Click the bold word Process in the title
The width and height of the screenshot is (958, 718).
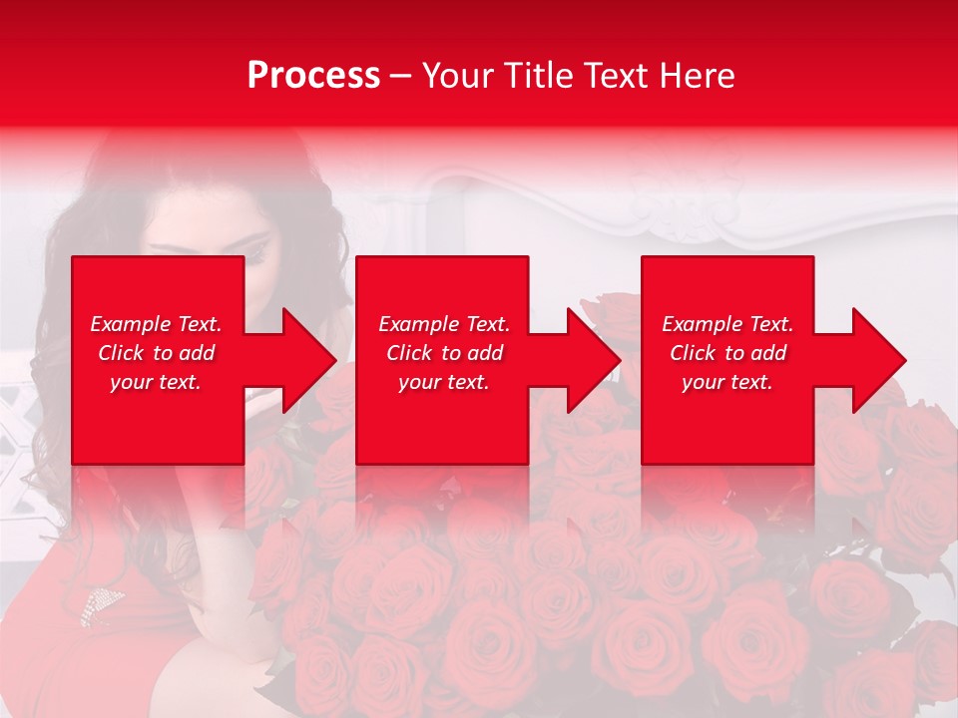click(313, 76)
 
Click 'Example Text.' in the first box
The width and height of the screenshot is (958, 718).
click(156, 324)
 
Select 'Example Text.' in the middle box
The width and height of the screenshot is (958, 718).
click(443, 324)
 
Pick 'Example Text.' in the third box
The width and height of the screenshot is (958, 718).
click(727, 324)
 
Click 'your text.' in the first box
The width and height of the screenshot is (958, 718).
click(156, 382)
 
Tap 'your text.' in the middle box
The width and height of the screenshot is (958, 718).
click(443, 382)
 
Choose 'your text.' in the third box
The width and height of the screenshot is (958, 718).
click(727, 382)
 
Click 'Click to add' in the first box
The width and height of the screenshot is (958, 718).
click(156, 353)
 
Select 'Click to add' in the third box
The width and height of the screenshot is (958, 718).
click(727, 353)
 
